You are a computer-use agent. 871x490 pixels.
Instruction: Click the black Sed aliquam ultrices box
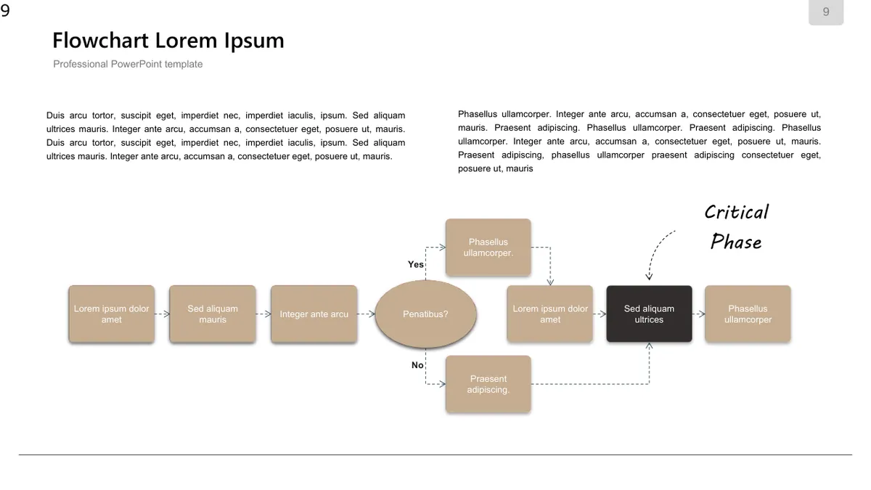point(649,314)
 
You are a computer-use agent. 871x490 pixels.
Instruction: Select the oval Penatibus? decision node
point(425,314)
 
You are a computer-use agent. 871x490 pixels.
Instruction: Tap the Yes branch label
point(416,264)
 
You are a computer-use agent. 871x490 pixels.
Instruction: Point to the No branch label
point(417,365)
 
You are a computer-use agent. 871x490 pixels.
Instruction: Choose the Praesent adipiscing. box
point(488,384)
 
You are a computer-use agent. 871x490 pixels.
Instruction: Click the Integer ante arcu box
point(314,314)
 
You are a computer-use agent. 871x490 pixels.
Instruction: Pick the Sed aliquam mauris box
point(213,314)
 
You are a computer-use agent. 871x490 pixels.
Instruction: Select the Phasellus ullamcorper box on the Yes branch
point(488,248)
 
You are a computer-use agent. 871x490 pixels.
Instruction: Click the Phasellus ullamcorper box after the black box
point(748,314)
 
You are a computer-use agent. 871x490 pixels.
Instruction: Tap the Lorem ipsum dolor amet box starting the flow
point(112,314)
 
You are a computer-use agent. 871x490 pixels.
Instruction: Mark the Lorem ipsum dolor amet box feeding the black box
point(550,314)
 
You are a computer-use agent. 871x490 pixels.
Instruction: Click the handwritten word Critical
point(737,212)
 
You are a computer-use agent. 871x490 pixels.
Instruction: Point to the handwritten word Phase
point(736,242)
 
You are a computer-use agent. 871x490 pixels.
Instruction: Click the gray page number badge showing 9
point(826,12)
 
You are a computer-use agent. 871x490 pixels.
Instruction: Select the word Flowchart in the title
point(100,41)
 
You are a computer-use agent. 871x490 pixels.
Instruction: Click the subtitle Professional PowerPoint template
point(128,64)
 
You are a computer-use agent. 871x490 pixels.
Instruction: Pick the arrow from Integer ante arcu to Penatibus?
point(366,314)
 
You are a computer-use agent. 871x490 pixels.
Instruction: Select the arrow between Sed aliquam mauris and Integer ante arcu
point(263,314)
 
